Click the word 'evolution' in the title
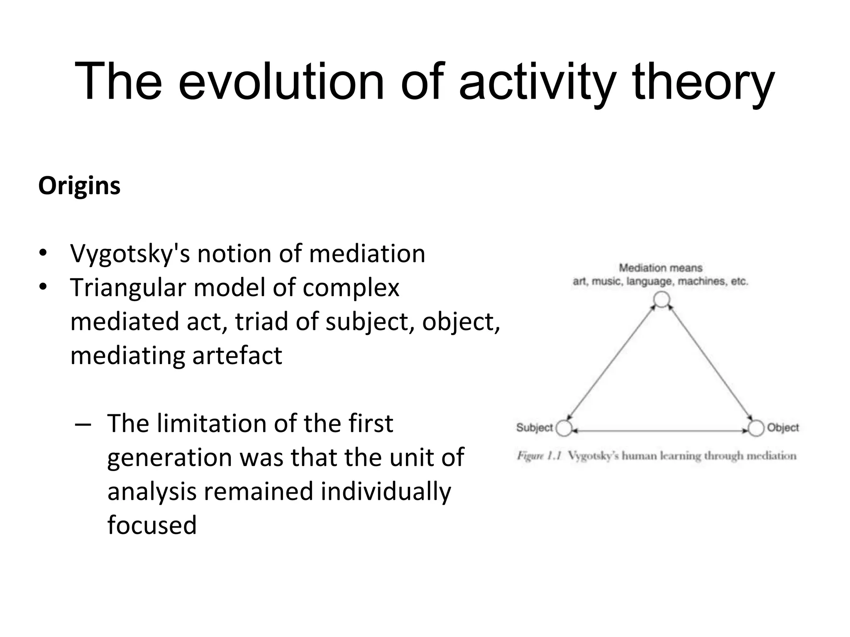[281, 81]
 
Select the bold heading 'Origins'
[79, 186]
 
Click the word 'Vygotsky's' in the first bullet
[129, 253]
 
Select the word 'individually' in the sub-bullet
[386, 491]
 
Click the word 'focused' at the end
[152, 525]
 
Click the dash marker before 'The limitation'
[83, 424]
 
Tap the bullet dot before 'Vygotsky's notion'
[42, 253]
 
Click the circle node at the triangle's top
[662, 299]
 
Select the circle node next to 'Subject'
[564, 428]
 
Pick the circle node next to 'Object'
[756, 428]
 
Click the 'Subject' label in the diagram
[535, 428]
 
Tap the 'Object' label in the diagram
[783, 428]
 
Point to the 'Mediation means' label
[660, 268]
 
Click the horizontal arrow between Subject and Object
[660, 431]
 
